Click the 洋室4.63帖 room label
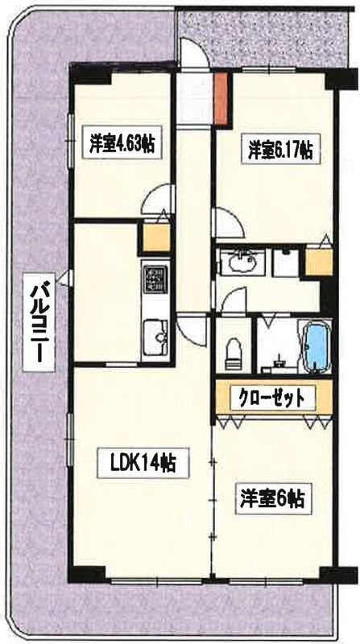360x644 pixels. coord(122,146)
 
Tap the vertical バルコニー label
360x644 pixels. coord(33,322)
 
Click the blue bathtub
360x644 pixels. coord(317,345)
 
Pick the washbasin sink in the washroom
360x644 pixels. coord(241,262)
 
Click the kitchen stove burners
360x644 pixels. coord(154,280)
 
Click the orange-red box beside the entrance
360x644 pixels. coord(222,100)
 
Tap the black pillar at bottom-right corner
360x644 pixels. coord(329,572)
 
